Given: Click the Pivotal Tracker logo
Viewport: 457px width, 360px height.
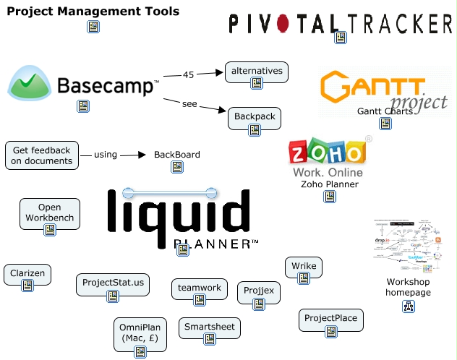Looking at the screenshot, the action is tap(340, 23).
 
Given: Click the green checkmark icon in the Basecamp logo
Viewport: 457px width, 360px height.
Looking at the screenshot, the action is tap(30, 85).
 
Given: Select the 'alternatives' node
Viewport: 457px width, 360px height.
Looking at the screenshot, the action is tap(256, 72).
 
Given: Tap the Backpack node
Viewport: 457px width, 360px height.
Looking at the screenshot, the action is tap(254, 116).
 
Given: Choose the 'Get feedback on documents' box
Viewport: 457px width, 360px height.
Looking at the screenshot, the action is tap(41, 155).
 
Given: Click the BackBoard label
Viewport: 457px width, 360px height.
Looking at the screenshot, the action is tap(176, 155).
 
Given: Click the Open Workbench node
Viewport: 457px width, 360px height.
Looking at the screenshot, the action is tap(49, 213).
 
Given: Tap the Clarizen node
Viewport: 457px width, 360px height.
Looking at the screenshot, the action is tap(27, 273).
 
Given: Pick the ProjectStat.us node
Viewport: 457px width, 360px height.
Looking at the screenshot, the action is tap(113, 283).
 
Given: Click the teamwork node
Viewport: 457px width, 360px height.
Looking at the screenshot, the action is tap(200, 288).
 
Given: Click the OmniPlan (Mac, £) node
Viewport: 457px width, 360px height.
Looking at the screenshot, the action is tap(139, 333).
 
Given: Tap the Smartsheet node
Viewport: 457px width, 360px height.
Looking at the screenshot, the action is tap(209, 327).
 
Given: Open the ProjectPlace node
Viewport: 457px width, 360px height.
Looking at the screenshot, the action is tap(330, 319).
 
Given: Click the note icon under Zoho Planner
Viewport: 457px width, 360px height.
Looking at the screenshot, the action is tap(330, 197).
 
